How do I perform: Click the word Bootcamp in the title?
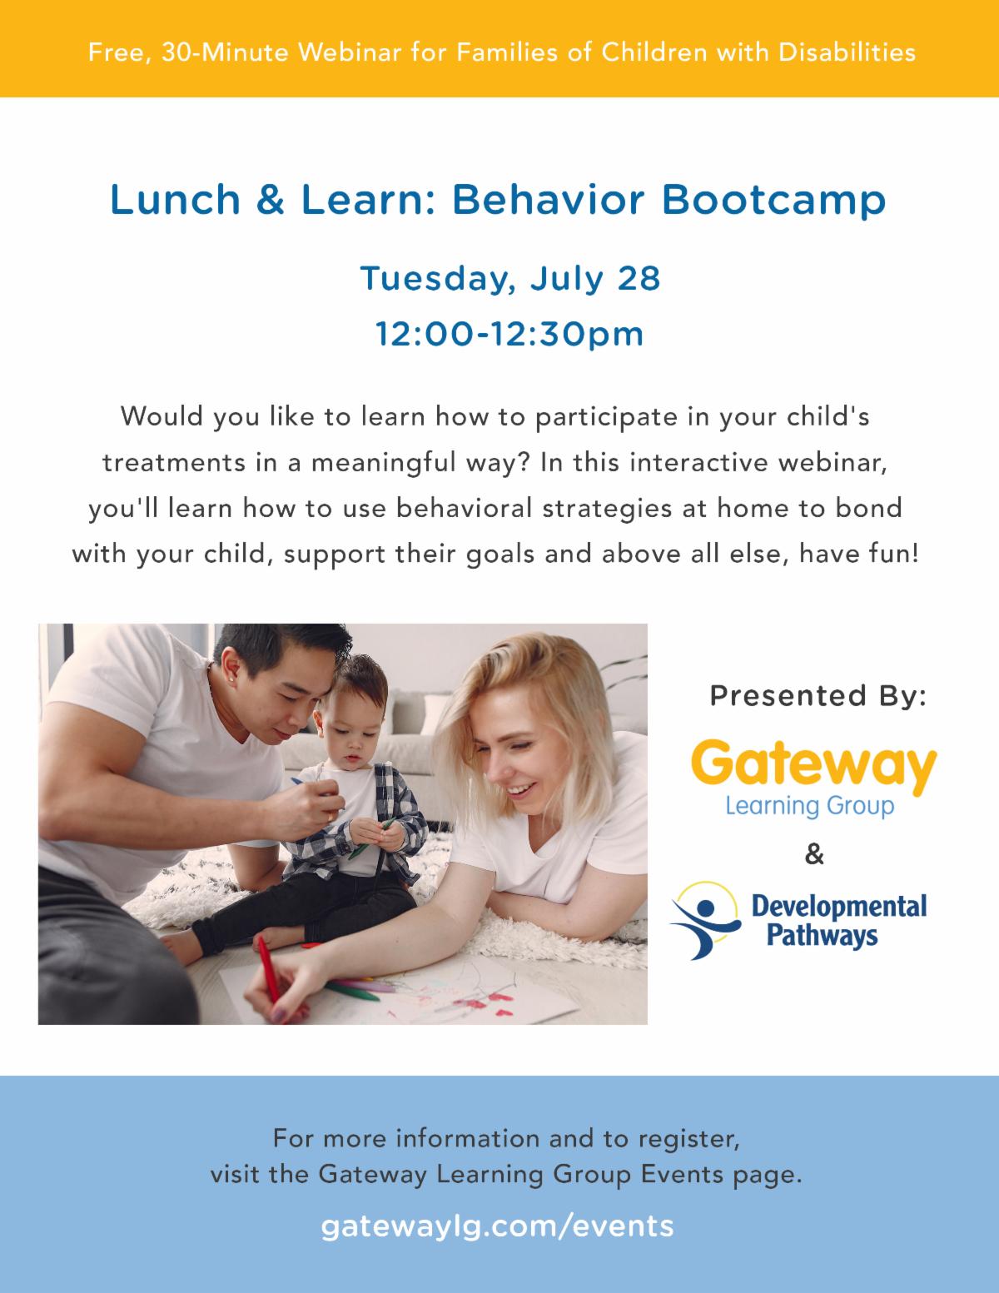pyautogui.click(x=773, y=200)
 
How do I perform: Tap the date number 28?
pyautogui.click(x=639, y=278)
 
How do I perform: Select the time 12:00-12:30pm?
pyautogui.click(x=509, y=335)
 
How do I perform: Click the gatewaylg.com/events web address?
pyautogui.click(x=497, y=1226)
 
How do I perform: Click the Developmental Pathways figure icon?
pyautogui.click(x=706, y=920)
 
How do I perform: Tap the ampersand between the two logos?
pyautogui.click(x=814, y=855)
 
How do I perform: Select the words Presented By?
pyautogui.click(x=818, y=696)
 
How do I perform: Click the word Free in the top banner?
pyautogui.click(x=117, y=52)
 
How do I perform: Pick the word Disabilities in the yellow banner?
pyautogui.click(x=847, y=52)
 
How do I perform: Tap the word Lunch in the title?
pyautogui.click(x=176, y=200)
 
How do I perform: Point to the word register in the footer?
pyautogui.click(x=688, y=1139)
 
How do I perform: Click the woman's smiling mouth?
pyautogui.click(x=523, y=790)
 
